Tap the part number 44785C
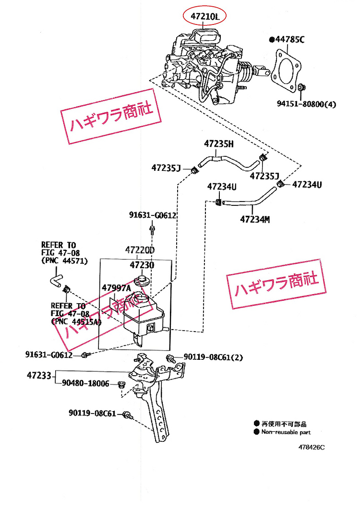[x=289, y=40]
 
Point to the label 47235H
[x=218, y=143]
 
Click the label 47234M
[x=255, y=220]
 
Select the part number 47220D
[x=141, y=250]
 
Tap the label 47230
[x=141, y=265]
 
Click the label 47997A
[x=116, y=288]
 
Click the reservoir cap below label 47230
[x=141, y=280]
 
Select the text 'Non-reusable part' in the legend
[x=286, y=432]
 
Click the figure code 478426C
[x=312, y=447]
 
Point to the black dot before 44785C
[x=272, y=40]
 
